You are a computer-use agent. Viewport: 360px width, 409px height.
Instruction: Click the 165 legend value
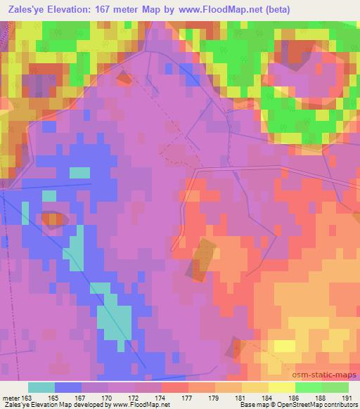[56, 398]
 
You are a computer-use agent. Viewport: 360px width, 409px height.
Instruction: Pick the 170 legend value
[109, 398]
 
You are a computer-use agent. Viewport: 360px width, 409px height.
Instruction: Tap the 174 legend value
[162, 398]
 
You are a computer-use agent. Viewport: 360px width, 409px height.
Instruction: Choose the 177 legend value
[188, 398]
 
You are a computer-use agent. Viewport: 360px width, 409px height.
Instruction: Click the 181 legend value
[242, 398]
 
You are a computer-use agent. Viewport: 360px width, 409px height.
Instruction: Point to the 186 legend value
[295, 398]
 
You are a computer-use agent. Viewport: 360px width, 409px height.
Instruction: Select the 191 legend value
[347, 398]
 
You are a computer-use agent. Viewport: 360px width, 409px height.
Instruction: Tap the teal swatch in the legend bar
[41, 387]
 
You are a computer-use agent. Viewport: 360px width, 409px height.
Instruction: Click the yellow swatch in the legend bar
[281, 387]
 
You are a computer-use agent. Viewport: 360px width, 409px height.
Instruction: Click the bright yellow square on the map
[284, 346]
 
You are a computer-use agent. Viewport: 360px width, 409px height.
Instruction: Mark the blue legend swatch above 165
[68, 387]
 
